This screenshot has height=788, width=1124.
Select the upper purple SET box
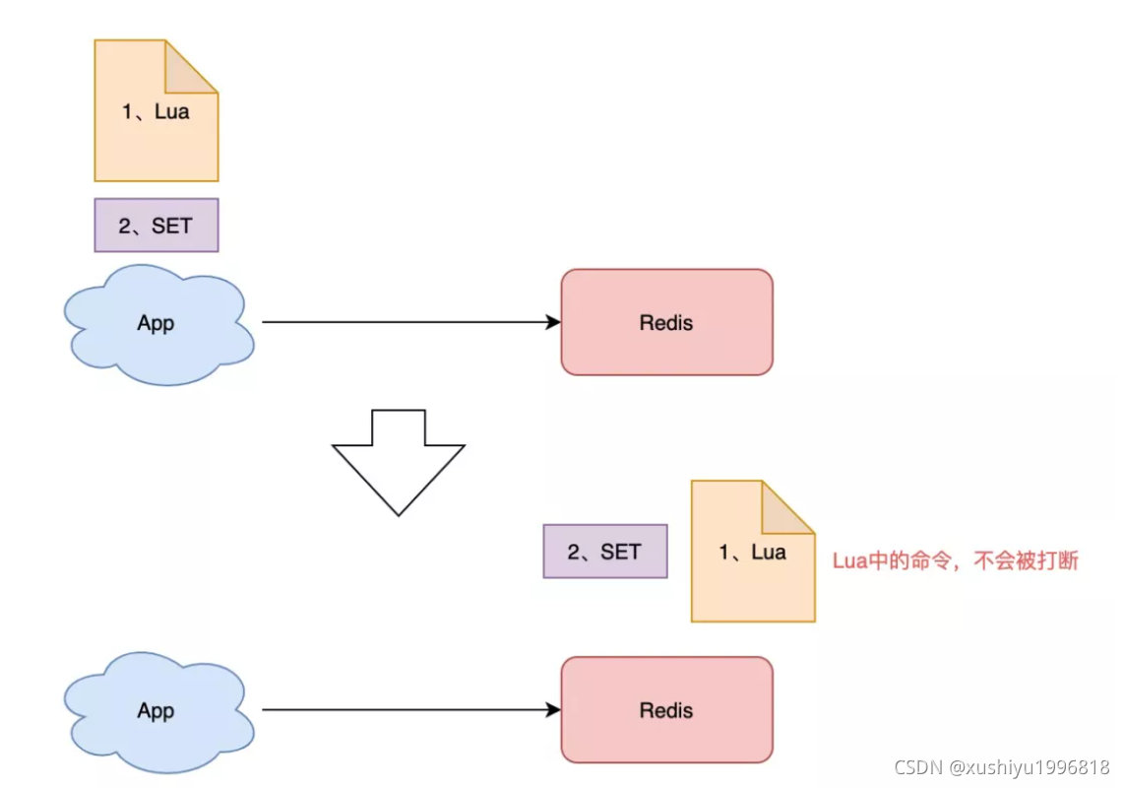(156, 226)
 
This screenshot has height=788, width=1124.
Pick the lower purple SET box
(604, 552)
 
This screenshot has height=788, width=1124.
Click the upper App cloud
(157, 324)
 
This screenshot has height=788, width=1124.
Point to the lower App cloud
(157, 711)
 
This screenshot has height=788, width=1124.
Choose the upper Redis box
(666, 322)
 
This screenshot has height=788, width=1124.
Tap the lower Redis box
(666, 710)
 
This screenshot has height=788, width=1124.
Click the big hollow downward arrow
(398, 461)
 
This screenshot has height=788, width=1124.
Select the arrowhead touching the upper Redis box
(553, 322)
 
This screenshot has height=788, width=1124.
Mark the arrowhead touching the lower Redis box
(553, 709)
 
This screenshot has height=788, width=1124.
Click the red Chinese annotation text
(955, 561)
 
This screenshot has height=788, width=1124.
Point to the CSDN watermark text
(1002, 767)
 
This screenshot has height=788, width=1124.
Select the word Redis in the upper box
(666, 322)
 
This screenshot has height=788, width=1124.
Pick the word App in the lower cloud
(156, 711)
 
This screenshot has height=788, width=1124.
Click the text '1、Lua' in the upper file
(156, 111)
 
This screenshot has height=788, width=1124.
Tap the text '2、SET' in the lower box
(604, 552)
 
